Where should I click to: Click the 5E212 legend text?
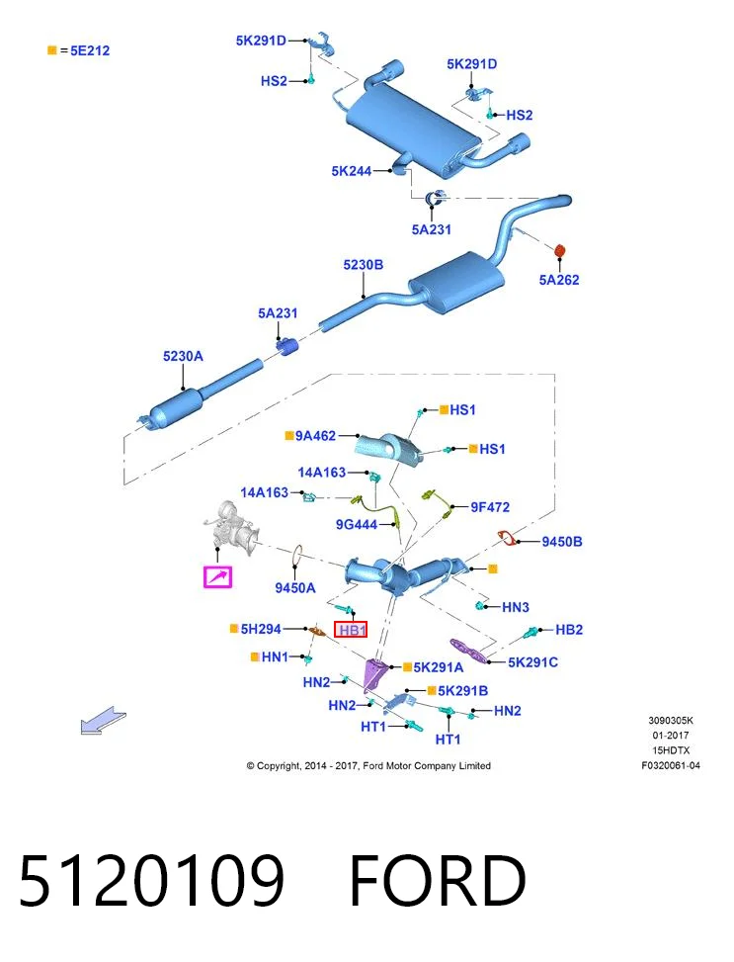90,51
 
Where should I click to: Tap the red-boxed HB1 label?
351,630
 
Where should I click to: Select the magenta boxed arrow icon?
217,576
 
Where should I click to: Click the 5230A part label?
183,356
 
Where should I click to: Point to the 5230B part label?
363,264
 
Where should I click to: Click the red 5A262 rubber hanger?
559,251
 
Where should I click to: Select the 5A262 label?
558,280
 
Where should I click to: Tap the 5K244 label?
352,171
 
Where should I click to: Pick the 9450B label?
562,542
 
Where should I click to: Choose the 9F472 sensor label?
490,507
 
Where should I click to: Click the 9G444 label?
357,525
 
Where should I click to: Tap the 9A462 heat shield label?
315,436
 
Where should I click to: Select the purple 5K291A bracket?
374,673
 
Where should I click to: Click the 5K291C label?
532,662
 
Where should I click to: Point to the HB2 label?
569,630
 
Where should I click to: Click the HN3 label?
515,607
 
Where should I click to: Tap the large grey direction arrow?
103,721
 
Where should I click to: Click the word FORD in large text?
438,881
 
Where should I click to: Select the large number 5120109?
152,881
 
